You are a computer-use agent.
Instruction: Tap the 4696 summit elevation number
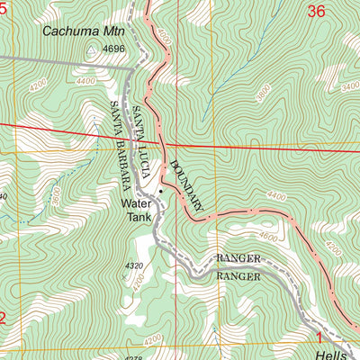[112, 49]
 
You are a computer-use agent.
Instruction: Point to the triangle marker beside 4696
[91, 49]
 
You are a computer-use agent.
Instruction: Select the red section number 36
[314, 12]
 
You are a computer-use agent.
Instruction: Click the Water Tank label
[138, 211]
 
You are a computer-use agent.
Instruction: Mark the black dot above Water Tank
[161, 191]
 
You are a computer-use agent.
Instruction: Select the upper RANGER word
[238, 258]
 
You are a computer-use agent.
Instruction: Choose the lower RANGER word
[238, 276]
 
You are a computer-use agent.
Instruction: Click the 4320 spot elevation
[134, 265]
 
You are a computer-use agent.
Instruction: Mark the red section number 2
[4, 318]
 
